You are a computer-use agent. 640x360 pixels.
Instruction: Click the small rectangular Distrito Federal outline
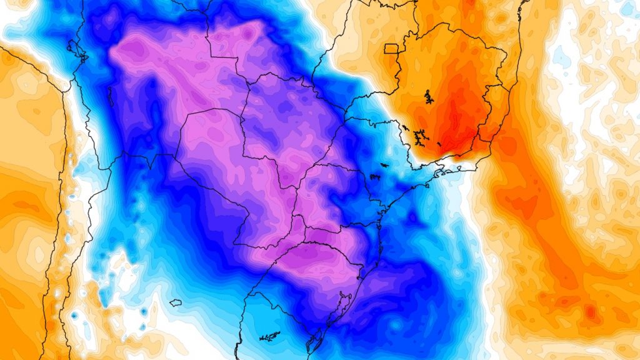click(391, 49)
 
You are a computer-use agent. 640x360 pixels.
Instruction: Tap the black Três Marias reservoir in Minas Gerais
click(428, 96)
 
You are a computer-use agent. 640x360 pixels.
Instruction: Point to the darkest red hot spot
click(452, 134)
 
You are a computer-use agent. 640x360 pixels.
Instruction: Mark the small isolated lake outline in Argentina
click(175, 302)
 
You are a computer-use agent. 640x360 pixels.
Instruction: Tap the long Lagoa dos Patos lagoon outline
click(342, 306)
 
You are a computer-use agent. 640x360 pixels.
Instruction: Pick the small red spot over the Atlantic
click(590, 311)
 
